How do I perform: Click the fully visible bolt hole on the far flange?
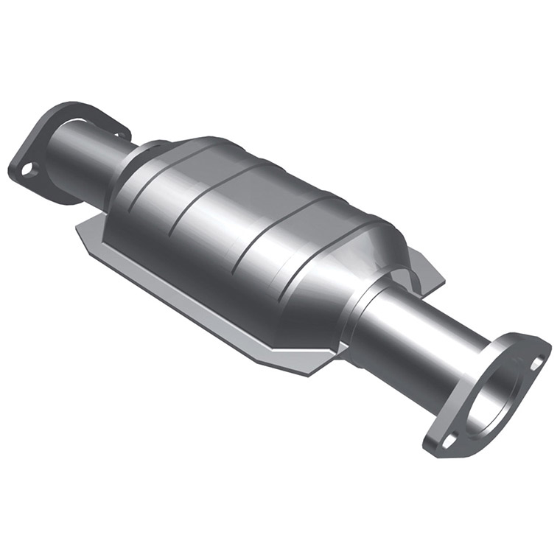pos(27,169)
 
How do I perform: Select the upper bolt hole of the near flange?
pos(536,363)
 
